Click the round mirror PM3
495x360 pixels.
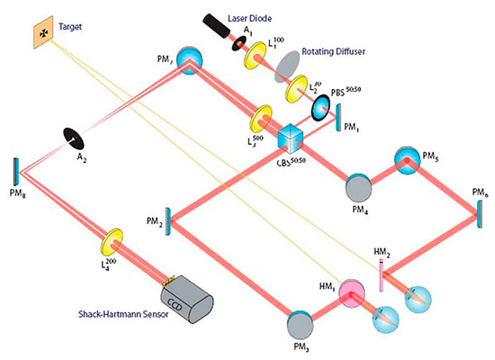pos(300,325)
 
